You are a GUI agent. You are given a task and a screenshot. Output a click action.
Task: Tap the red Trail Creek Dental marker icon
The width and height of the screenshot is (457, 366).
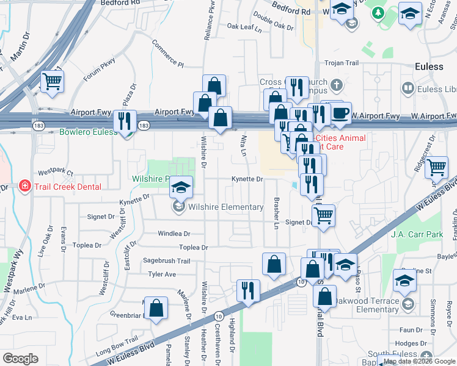[25, 186]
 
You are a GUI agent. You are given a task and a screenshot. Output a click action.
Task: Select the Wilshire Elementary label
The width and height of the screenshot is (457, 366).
[225, 207]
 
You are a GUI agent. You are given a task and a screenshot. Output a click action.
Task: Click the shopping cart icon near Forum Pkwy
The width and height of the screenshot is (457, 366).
[53, 81]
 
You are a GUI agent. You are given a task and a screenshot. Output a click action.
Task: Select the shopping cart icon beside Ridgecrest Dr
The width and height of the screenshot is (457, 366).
[436, 167]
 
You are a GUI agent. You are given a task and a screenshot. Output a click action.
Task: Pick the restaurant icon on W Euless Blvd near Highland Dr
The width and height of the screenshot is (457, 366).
[248, 290]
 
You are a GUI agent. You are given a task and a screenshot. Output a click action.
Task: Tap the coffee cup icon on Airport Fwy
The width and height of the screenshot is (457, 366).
[341, 113]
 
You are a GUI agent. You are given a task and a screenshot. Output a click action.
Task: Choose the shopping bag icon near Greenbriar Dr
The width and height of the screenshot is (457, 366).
[157, 307]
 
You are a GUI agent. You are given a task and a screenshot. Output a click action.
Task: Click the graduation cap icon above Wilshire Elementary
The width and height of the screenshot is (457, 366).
[181, 187]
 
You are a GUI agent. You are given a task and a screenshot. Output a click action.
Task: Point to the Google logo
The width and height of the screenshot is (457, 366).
[20, 359]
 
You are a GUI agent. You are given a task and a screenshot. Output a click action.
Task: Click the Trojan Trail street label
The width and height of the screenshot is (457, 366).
[342, 63]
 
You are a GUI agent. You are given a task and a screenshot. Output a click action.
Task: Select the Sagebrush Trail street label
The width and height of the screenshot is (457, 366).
[167, 260]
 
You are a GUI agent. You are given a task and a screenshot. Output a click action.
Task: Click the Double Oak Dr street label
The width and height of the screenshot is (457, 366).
[273, 22]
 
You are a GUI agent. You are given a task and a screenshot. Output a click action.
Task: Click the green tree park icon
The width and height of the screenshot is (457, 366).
[378, 13]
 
